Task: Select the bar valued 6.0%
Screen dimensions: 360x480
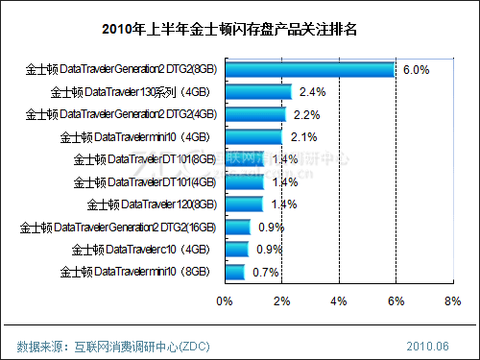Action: coord(309,70)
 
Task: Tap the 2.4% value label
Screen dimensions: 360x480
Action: coord(314,92)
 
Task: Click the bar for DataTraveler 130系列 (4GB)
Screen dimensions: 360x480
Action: coord(258,92)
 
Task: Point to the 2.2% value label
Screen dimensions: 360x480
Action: coord(308,114)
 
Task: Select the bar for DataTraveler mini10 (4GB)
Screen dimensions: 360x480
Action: coord(253,137)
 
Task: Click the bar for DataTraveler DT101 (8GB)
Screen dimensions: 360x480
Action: coord(244,159)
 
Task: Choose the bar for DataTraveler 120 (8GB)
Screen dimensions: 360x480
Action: coord(244,204)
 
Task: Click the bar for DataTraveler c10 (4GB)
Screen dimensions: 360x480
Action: coord(236,249)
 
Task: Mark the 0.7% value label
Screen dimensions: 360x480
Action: coord(265,272)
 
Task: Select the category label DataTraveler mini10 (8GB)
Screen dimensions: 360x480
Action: coord(133,272)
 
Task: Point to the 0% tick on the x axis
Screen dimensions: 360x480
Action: coord(225,301)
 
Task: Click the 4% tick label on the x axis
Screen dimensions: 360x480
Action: coord(338,301)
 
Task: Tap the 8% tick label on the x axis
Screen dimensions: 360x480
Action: coord(451,301)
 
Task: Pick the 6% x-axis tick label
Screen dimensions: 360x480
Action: coord(395,301)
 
